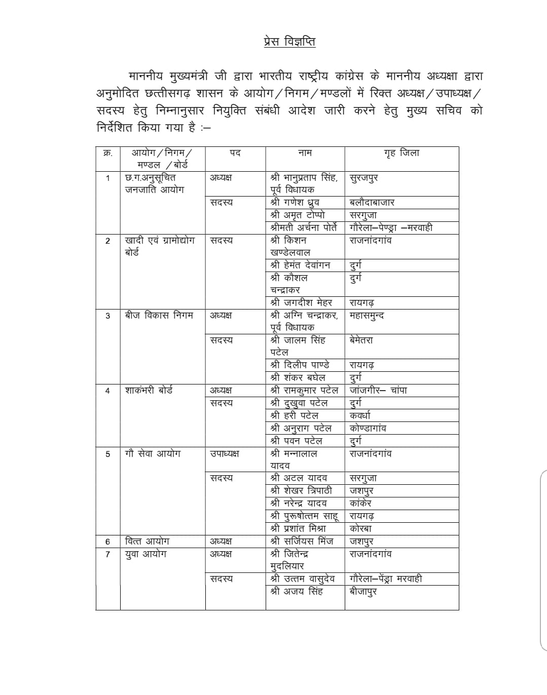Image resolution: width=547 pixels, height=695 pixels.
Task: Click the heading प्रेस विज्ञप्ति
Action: [289, 42]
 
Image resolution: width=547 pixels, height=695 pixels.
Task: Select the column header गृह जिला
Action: [402, 153]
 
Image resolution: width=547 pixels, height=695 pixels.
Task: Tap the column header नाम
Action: [305, 153]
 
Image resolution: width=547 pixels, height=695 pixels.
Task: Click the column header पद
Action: [235, 153]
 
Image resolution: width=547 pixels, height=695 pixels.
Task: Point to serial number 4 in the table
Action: [107, 391]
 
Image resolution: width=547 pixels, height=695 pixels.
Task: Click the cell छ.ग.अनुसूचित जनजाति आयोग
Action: [155, 183]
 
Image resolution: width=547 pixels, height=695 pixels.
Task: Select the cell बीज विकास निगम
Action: [159, 315]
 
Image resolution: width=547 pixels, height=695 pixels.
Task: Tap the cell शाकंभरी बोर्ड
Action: [149, 390]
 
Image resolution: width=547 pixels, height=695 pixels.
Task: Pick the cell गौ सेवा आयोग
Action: [153, 453]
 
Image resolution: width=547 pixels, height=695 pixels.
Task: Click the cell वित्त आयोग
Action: [147, 541]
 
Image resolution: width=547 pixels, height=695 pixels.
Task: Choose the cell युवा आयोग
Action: [145, 554]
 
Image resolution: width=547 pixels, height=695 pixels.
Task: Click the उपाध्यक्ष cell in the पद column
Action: [224, 453]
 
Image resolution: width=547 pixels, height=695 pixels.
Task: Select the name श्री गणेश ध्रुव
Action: [295, 203]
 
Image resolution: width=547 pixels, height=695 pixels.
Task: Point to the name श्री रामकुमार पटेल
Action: [304, 390]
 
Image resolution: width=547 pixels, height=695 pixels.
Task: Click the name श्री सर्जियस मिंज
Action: [302, 541]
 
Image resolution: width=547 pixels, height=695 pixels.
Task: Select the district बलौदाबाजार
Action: [372, 203]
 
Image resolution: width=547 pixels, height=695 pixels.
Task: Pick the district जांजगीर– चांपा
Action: [378, 390]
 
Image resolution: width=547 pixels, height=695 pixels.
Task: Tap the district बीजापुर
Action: [363, 591]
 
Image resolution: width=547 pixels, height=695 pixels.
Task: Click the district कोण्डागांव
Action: [368, 428]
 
